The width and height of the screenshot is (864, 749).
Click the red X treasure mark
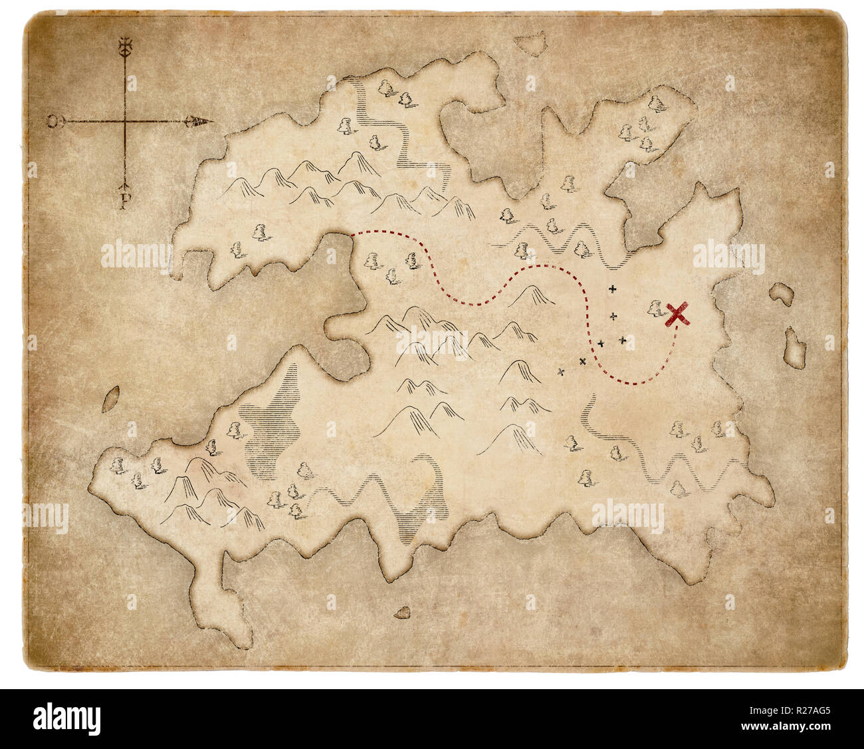[x=677, y=314]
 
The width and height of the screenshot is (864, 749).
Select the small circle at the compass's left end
[x=53, y=121]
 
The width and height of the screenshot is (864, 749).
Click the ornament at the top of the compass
[x=124, y=47]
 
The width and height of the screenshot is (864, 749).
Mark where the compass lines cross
[x=124, y=122]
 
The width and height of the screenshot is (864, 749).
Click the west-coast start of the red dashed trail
[x=352, y=233]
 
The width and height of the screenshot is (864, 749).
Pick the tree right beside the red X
[x=655, y=307]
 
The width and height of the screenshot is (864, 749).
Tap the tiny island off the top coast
[x=531, y=43]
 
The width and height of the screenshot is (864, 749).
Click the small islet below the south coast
[x=402, y=612]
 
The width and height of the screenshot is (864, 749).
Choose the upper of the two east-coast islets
[x=782, y=295]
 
